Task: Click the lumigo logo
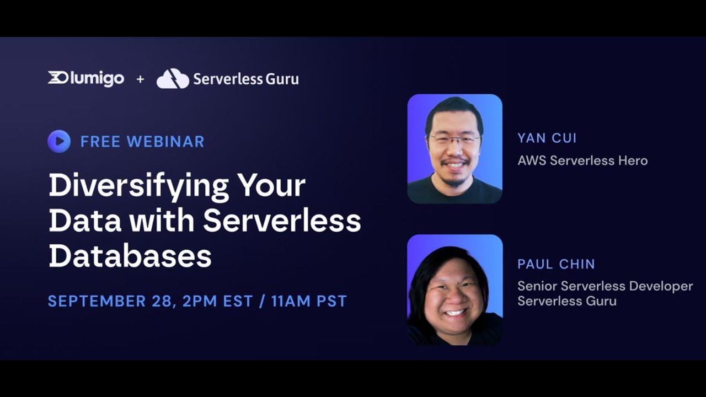[86, 78]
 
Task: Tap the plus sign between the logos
[140, 79]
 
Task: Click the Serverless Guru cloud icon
[173, 79]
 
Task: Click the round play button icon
[59, 141]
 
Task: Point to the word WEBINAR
[165, 142]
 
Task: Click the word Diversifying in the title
[138, 186]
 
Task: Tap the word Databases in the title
[130, 256]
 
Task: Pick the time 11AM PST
[309, 301]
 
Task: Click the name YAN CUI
[547, 138]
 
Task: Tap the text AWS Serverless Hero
[582, 160]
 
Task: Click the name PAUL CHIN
[556, 264]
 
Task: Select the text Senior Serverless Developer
[605, 286]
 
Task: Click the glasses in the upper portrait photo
[454, 140]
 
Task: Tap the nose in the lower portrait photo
[454, 298]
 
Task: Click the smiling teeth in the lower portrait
[455, 313]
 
